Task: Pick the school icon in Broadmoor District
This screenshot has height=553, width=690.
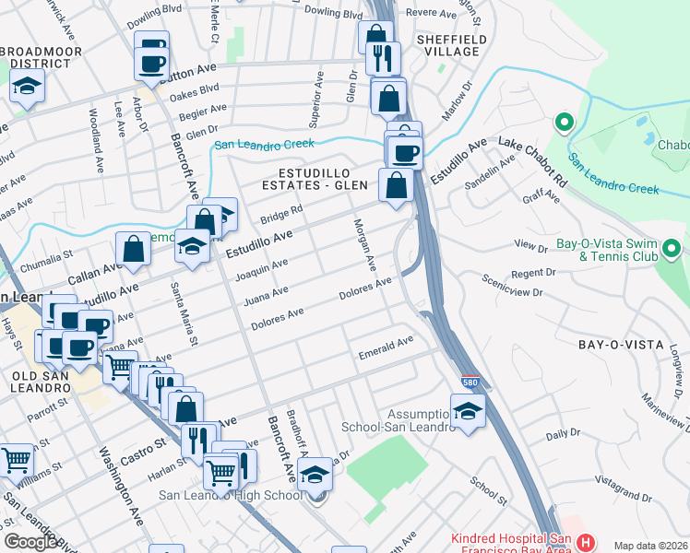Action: coord(28,88)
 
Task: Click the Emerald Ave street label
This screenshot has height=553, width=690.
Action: coord(387,346)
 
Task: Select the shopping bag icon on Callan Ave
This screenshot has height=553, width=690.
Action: coord(134,249)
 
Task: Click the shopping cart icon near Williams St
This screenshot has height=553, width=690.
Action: coord(17,460)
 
